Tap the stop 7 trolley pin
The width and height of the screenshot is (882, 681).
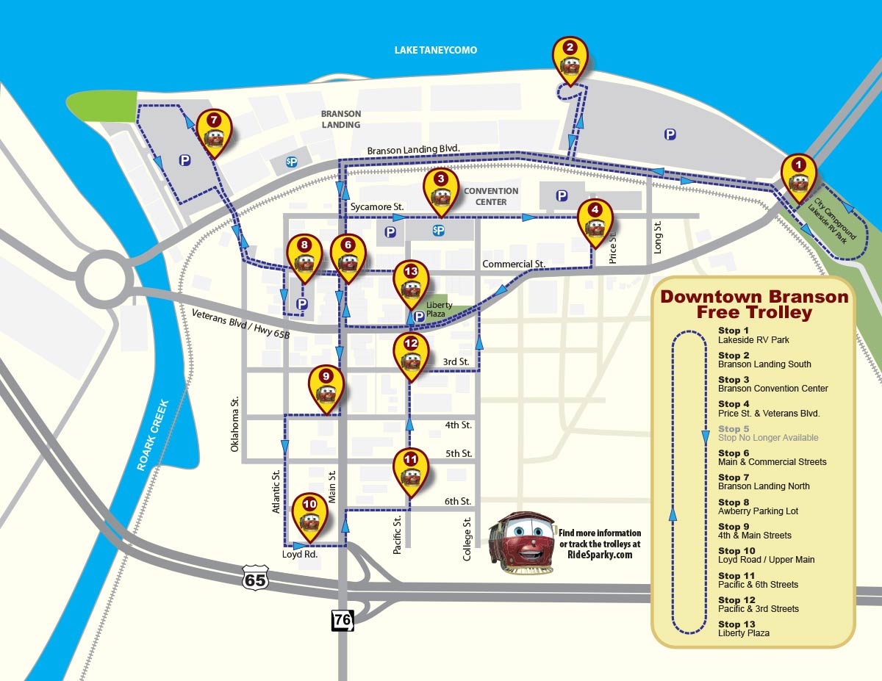point(214,131)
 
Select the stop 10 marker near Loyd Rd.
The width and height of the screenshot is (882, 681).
point(309,515)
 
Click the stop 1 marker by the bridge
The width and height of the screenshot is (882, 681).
point(798,176)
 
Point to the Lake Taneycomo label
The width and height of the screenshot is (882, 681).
point(436,50)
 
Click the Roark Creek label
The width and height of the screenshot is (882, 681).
point(153,435)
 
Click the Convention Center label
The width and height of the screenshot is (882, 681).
point(491,196)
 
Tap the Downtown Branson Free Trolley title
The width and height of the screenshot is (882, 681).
point(753,305)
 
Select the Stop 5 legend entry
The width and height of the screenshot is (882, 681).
point(768,433)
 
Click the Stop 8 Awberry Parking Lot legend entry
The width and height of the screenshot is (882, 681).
point(758,507)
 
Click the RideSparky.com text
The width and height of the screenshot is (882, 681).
point(600,555)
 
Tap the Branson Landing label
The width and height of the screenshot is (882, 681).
point(341,119)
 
